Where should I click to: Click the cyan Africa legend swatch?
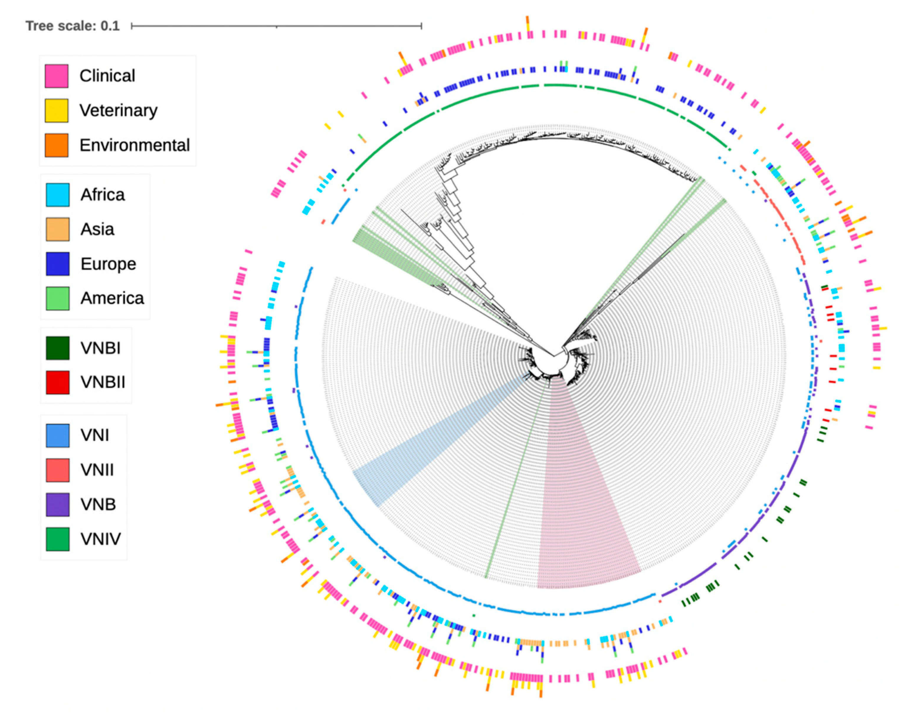pos(58,195)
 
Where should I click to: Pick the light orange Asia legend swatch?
pos(58,229)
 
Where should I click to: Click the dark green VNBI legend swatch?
pos(58,348)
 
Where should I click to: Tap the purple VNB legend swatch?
pos(58,504)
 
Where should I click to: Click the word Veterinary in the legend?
pos(118,111)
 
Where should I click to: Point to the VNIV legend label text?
pos(101,539)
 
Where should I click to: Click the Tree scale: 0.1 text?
pos(72,26)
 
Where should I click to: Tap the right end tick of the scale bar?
pos(421,26)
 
